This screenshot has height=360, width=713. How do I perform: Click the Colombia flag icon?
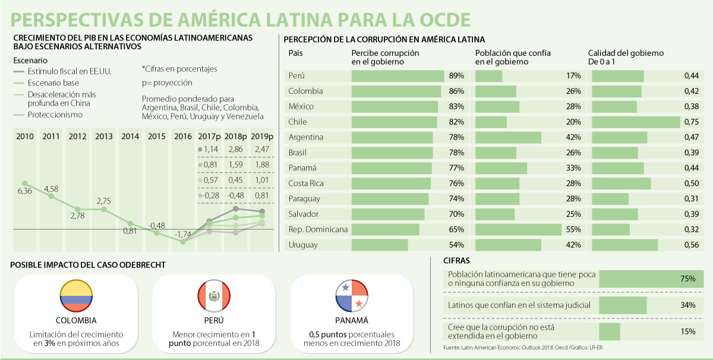[75, 295]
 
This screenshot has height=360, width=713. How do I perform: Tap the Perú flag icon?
[214, 295]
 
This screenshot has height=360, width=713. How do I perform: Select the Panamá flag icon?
[352, 295]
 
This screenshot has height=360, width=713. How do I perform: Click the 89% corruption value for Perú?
[456, 76]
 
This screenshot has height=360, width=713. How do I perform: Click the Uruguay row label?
[302, 245]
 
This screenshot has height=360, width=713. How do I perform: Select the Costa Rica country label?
[306, 183]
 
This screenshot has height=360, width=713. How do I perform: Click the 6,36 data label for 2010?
[25, 191]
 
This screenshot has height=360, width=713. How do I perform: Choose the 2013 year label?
[103, 136]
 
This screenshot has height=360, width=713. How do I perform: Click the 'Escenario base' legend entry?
[53, 83]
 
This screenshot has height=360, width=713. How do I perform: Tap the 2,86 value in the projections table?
[236, 149]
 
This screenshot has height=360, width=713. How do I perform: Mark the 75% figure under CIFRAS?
[688, 279]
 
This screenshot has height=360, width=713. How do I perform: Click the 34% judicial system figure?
[688, 305]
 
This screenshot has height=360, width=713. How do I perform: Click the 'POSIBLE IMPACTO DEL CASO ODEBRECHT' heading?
[89, 264]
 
